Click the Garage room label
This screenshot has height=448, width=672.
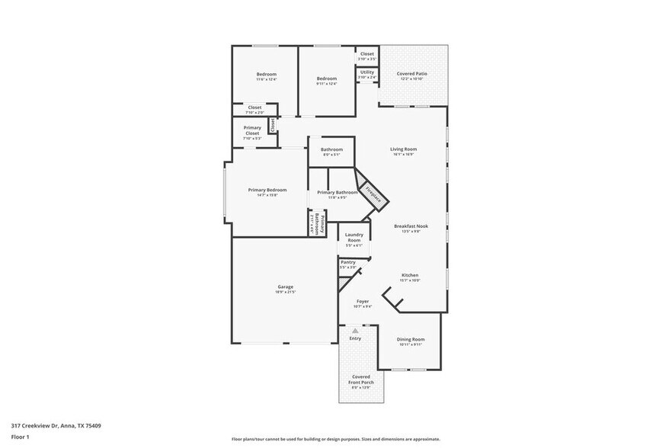(286, 287)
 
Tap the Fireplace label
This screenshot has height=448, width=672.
(373, 194)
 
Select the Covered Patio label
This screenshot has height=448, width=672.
(412, 74)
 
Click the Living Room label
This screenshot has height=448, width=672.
(402, 149)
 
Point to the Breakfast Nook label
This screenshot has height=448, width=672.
(408, 226)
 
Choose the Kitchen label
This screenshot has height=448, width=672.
(410, 275)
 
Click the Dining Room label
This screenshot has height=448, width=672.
(411, 339)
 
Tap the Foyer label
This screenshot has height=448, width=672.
(363, 302)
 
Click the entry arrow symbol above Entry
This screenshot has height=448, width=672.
(355, 330)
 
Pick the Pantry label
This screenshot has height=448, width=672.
(347, 262)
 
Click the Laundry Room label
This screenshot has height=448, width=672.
(354, 237)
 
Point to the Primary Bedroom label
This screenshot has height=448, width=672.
(267, 190)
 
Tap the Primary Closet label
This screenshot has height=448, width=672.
(251, 130)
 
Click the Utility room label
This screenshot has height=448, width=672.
(367, 72)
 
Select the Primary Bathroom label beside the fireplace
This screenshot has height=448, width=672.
(338, 193)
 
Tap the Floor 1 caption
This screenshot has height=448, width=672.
(20, 437)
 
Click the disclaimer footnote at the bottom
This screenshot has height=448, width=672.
(335, 439)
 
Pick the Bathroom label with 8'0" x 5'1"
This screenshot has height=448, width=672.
(331, 149)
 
